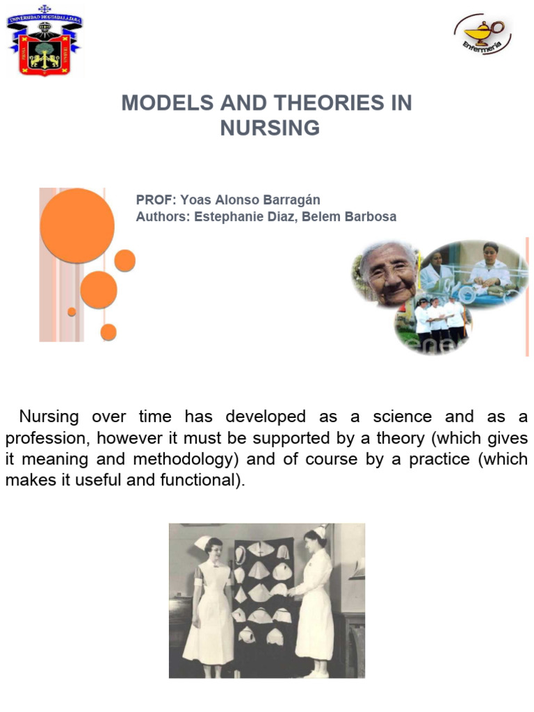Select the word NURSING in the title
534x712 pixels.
click(x=270, y=128)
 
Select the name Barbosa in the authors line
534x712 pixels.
click(x=367, y=216)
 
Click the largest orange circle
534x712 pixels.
click(x=77, y=225)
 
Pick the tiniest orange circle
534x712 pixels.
click(x=72, y=311)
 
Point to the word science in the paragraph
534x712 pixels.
click(x=403, y=417)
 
